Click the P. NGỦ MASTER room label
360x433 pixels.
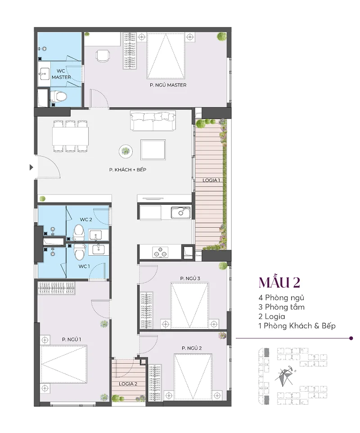tap(168, 85)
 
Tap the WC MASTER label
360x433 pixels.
tap(61, 74)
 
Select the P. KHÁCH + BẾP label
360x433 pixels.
tap(127, 170)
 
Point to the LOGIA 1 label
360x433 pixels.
tap(211, 180)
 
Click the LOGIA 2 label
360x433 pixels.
tap(128, 384)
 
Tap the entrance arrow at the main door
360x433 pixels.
tap(31, 167)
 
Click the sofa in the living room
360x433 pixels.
tap(153, 121)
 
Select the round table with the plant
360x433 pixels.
tap(126, 151)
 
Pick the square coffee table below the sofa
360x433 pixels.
tap(153, 150)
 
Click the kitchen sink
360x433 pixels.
tap(180, 212)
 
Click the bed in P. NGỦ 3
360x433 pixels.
tap(189, 305)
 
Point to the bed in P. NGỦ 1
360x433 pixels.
tap(64, 364)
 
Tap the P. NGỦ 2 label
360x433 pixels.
tap(192, 348)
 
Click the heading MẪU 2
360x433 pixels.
tap(279, 282)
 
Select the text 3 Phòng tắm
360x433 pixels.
tap(281, 307)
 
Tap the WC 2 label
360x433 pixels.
tap(86, 220)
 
